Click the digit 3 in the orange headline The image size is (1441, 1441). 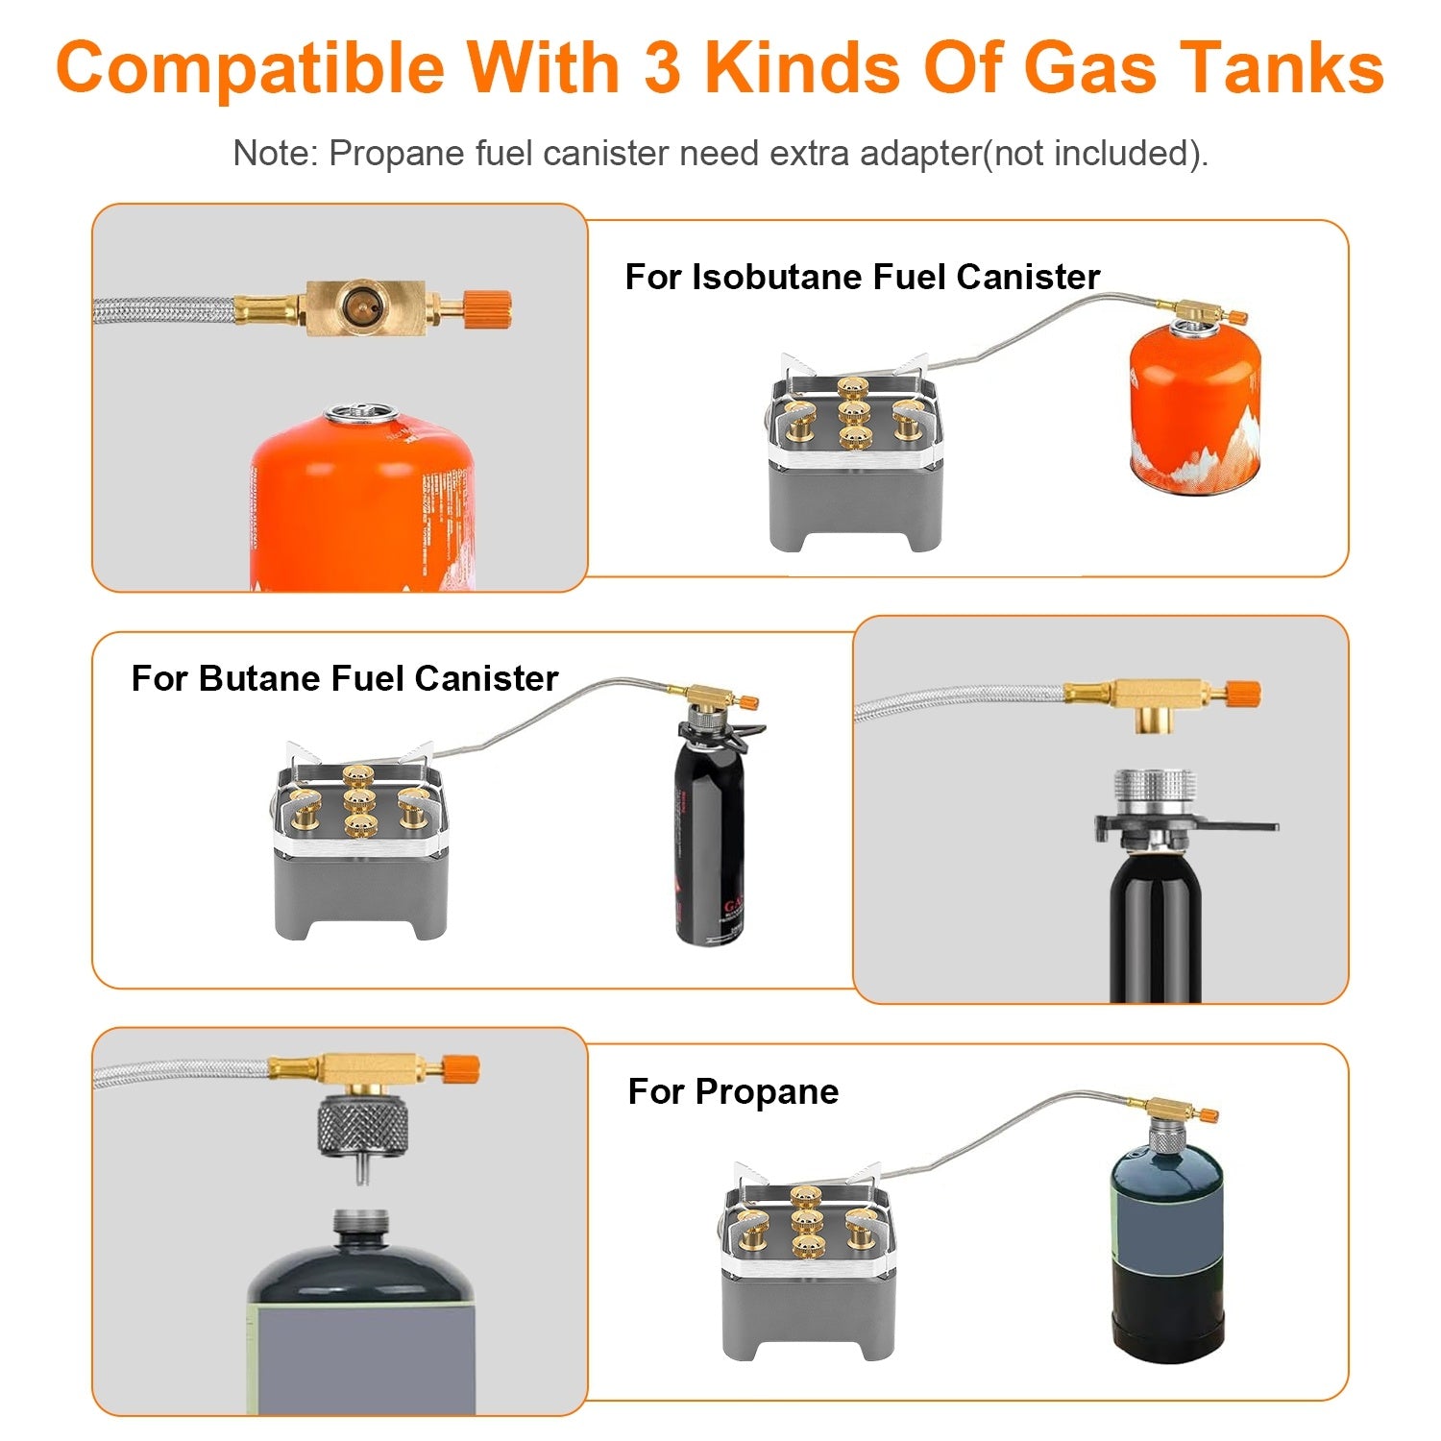click(662, 67)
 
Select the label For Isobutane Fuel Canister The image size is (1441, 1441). click(862, 277)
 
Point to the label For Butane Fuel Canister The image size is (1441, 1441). click(344, 678)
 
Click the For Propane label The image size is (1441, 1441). click(733, 1091)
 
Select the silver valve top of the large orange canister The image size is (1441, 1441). click(360, 415)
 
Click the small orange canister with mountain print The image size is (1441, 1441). click(1194, 413)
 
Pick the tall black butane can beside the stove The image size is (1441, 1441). click(709, 845)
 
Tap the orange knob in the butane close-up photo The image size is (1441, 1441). click(1243, 694)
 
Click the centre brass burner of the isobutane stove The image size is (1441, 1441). click(852, 413)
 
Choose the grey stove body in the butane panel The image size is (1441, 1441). click(360, 893)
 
